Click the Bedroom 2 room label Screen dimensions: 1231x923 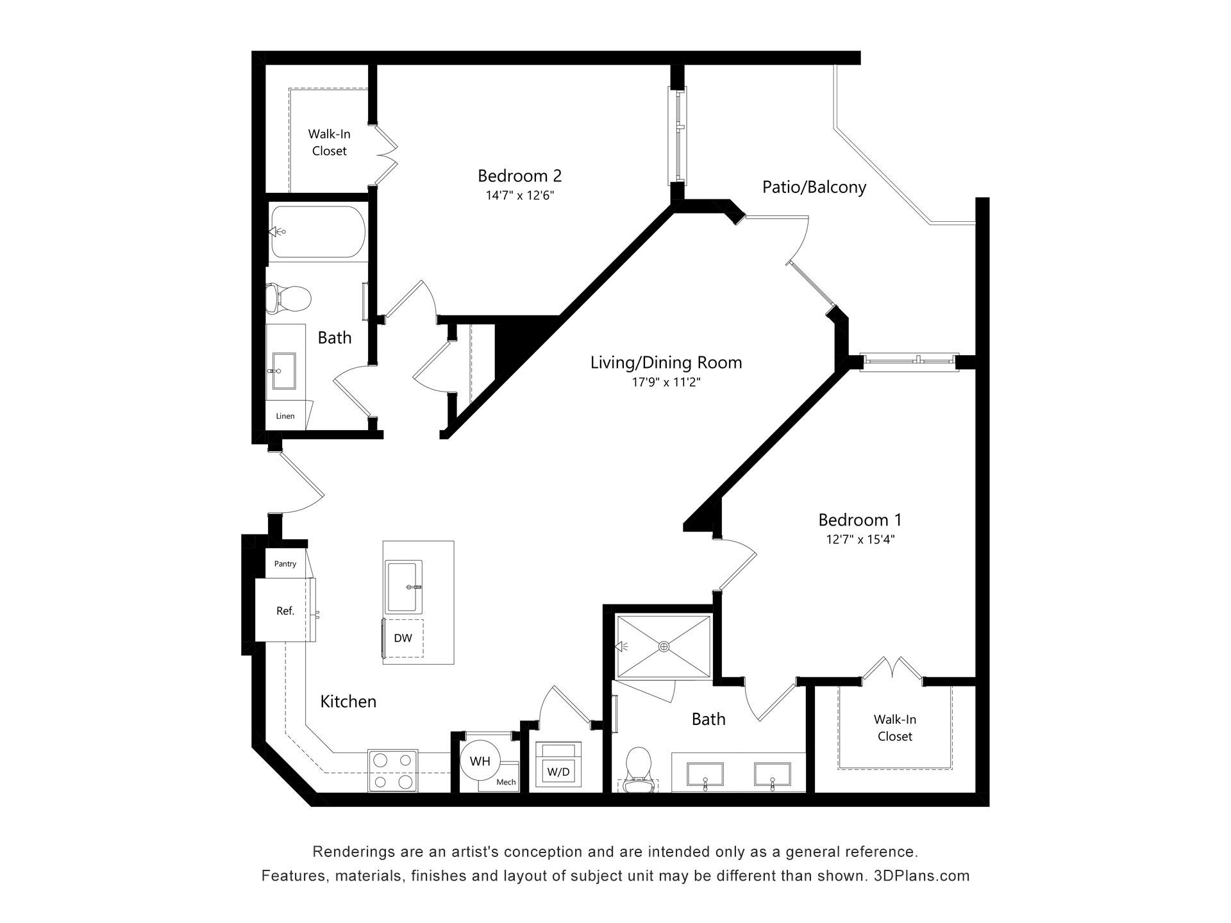click(x=519, y=175)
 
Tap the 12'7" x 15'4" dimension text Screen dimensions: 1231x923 click(x=860, y=540)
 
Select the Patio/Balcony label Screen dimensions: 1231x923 click(x=814, y=187)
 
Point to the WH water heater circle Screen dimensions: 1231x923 click(x=480, y=761)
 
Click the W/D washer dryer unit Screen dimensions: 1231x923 click(x=558, y=766)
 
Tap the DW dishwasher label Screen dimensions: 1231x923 click(x=403, y=638)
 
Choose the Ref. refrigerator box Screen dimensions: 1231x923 click(x=285, y=610)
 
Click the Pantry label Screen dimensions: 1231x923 click(x=285, y=564)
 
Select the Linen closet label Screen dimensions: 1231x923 click(x=285, y=416)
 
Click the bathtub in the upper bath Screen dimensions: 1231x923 click(x=318, y=231)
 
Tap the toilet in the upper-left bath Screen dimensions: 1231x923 click(x=288, y=298)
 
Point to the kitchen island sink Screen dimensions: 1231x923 click(x=404, y=586)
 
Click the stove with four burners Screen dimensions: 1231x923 click(x=392, y=770)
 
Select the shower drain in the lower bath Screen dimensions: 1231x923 click(x=664, y=647)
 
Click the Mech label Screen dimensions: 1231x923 click(x=506, y=782)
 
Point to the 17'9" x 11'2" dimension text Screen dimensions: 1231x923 click(x=666, y=383)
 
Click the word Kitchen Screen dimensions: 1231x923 click(x=348, y=701)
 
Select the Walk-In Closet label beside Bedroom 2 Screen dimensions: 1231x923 click(x=329, y=142)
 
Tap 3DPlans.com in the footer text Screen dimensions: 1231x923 click(x=921, y=876)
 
